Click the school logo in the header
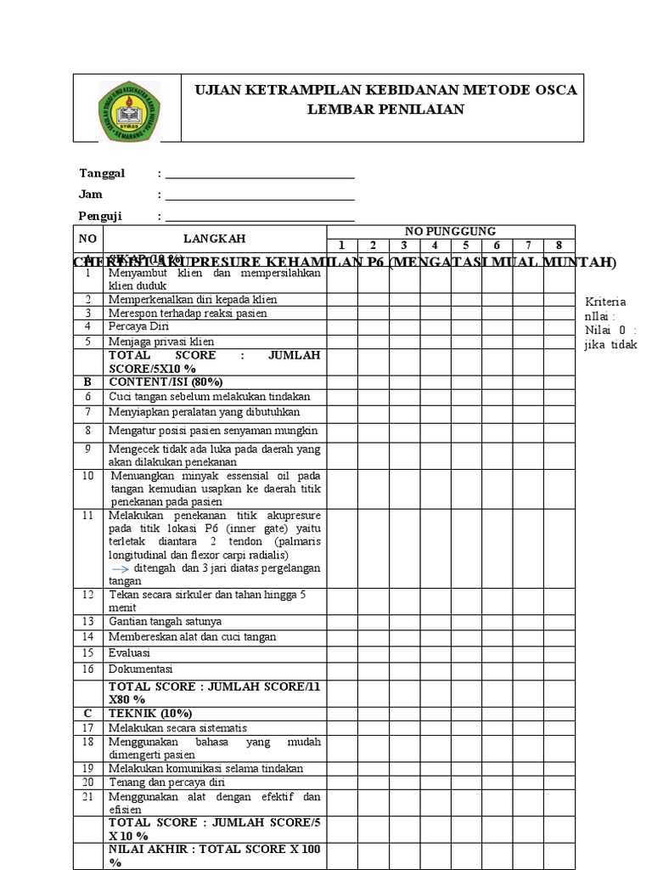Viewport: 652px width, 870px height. coord(129,111)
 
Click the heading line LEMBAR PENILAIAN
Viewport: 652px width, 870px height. coord(385,109)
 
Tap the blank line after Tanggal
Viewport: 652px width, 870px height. coord(260,175)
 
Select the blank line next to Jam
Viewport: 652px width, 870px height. coord(260,196)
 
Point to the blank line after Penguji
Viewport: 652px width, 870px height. coord(260,217)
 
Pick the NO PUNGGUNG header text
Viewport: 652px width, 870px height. coord(450,231)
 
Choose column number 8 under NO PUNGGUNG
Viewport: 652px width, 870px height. coord(559,246)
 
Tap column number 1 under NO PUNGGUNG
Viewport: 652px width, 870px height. coord(342,246)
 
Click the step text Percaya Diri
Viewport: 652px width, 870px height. coord(138,326)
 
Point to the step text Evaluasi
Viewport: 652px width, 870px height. coord(129,652)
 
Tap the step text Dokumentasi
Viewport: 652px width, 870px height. coord(140,669)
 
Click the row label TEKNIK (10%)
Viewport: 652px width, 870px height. coord(150,713)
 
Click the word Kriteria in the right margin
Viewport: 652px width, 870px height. coord(606,302)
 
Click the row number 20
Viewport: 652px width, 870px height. coord(87,782)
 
